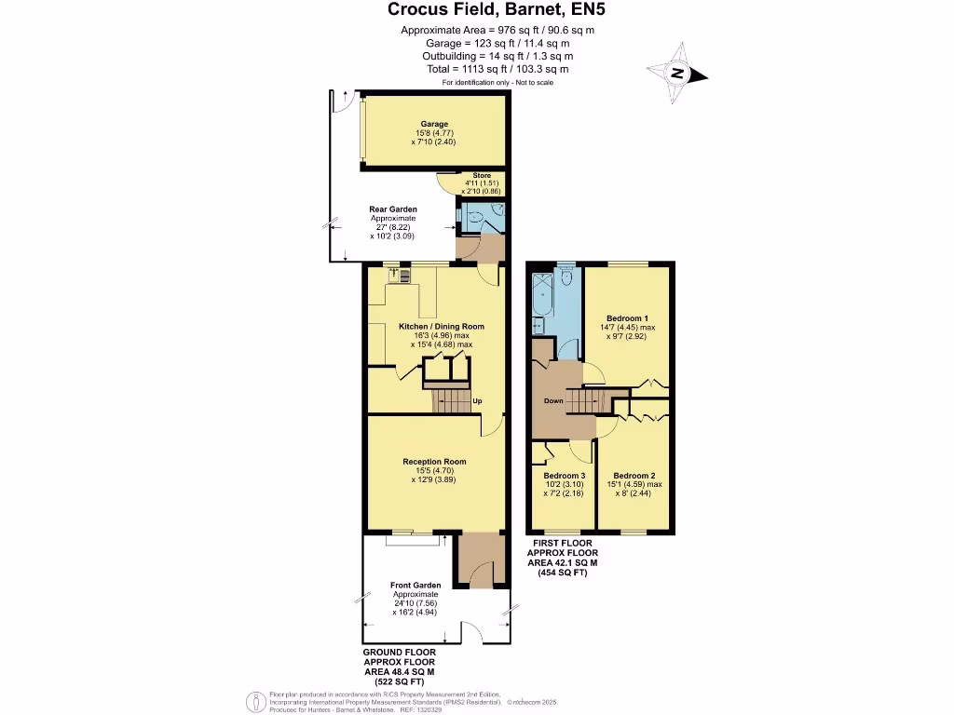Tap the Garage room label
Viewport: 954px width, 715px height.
[x=434, y=124]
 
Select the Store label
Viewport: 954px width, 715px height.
[x=481, y=175]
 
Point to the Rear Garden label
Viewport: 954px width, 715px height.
[x=393, y=209]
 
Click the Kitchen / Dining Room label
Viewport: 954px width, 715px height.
[x=442, y=327]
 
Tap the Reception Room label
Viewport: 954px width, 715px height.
[x=434, y=462]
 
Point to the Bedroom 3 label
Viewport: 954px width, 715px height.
[x=565, y=476]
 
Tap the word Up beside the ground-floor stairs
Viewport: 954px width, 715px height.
[x=477, y=401]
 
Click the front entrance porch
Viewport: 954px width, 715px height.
[x=479, y=560]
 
